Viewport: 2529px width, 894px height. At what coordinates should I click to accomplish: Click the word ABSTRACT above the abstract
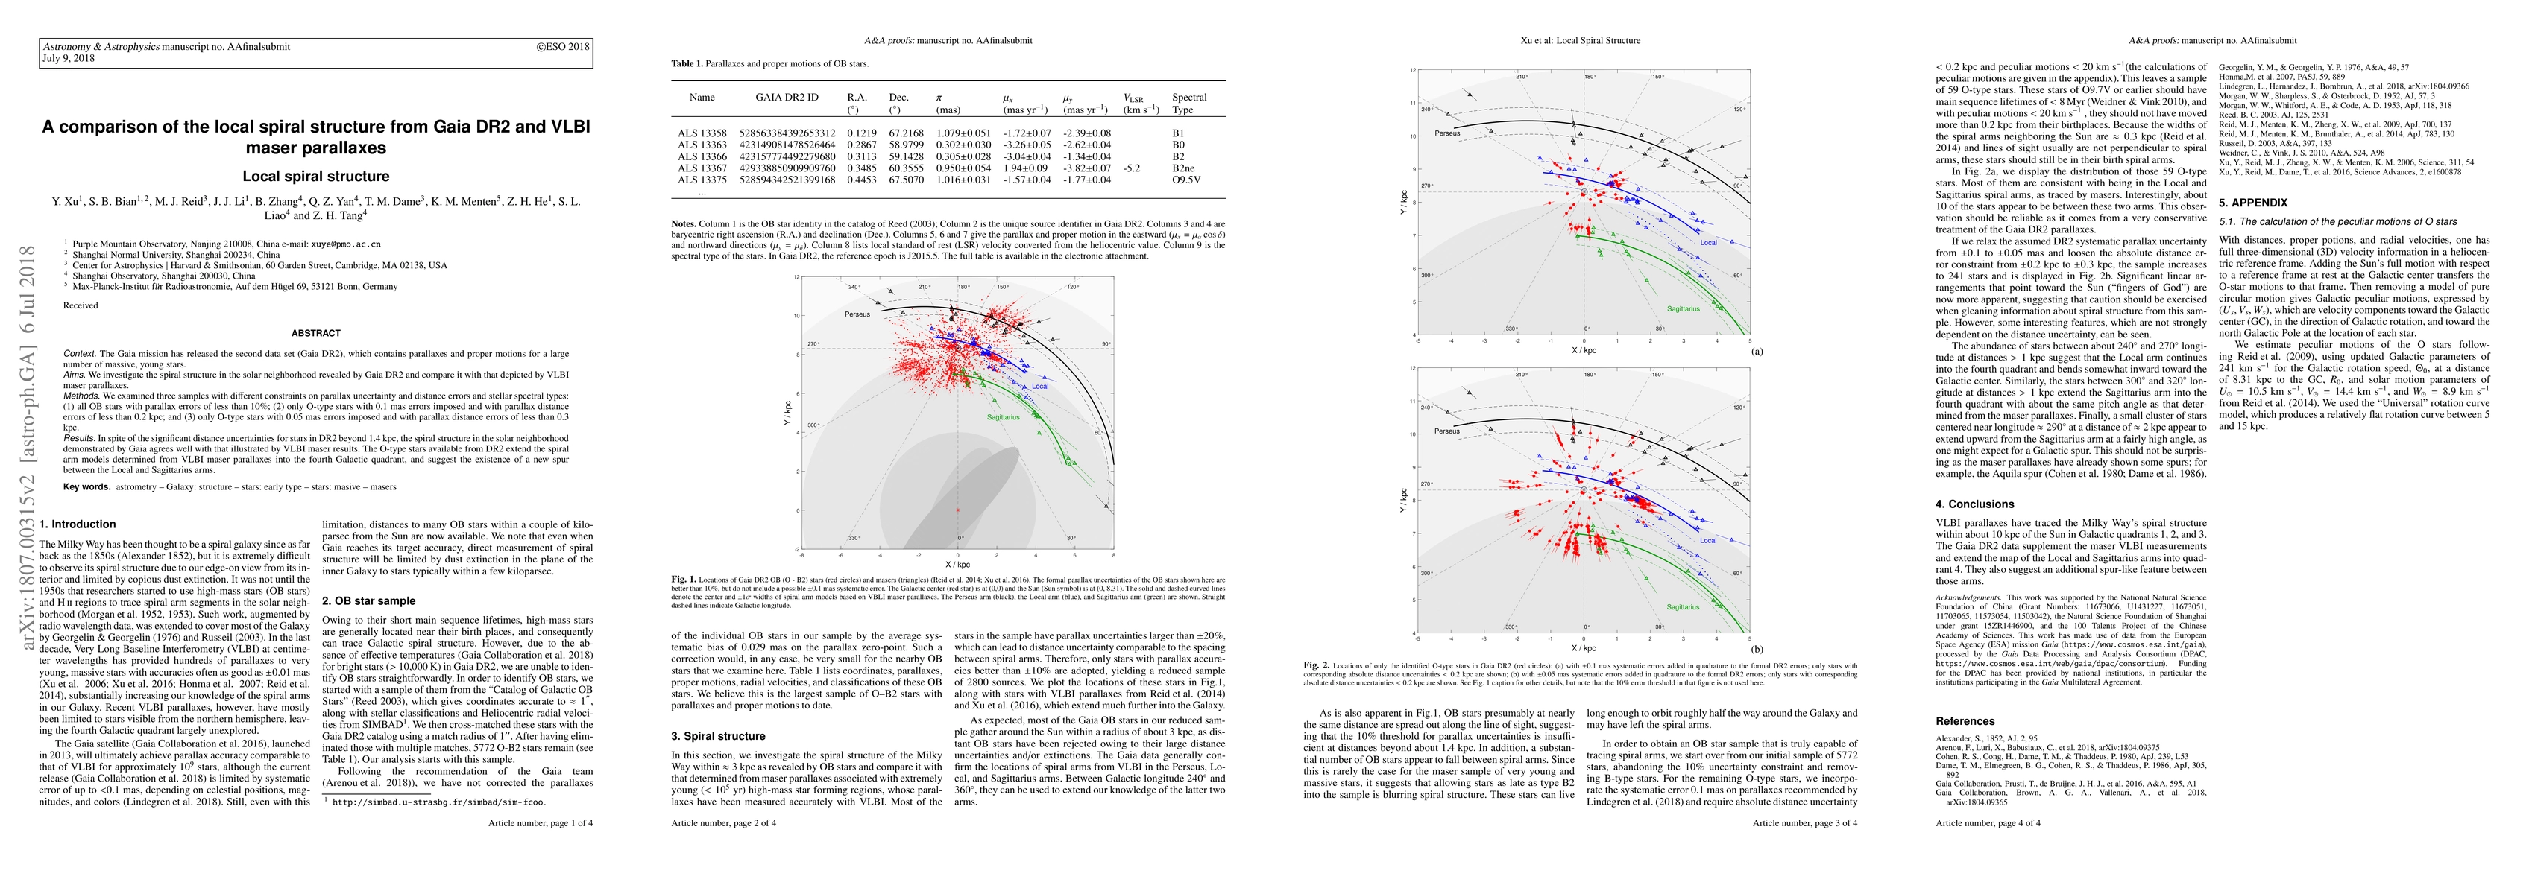(316, 334)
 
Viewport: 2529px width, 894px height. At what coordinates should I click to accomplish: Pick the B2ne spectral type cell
(1184, 168)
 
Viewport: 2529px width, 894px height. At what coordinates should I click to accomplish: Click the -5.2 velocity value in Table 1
(1134, 168)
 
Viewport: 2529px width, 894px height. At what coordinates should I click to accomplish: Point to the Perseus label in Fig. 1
(857, 314)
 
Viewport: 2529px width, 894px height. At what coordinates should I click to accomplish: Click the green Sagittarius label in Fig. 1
(1002, 417)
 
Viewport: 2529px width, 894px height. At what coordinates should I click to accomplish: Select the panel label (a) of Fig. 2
(1757, 350)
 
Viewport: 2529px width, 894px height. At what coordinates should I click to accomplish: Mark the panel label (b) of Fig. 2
(1757, 649)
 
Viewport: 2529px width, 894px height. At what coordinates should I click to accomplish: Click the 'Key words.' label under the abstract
(86, 486)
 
